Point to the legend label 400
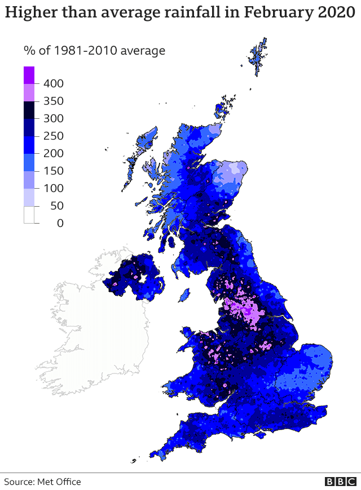click(x=53, y=83)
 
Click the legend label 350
click(x=53, y=101)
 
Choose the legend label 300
click(x=53, y=118)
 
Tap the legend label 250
click(x=53, y=136)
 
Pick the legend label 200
click(x=53, y=153)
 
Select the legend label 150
click(x=53, y=171)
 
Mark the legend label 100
click(x=53, y=188)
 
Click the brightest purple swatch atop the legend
click(x=29, y=75)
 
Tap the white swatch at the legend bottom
click(x=29, y=215)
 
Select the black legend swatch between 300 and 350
click(x=29, y=110)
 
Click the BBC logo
click(x=340, y=482)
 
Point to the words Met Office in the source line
click(x=59, y=482)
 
